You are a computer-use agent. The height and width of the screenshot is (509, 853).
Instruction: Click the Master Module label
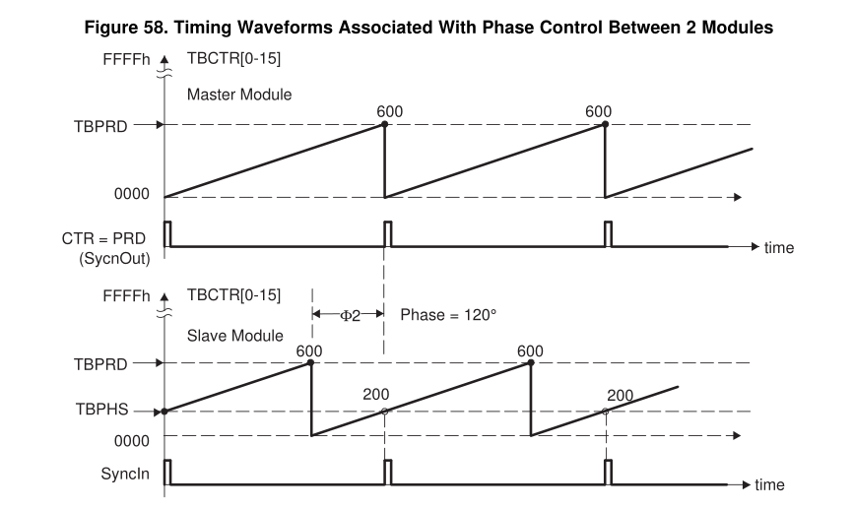[x=234, y=95]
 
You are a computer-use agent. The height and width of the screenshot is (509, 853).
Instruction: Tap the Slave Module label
[x=230, y=337]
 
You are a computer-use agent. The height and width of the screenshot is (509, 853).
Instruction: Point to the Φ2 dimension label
[x=348, y=315]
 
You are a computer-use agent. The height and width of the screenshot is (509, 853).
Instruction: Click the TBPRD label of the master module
[x=100, y=126]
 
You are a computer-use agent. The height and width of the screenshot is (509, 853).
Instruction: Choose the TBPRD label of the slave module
[x=100, y=363]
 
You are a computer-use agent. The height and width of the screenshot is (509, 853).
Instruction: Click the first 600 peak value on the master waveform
[x=390, y=111]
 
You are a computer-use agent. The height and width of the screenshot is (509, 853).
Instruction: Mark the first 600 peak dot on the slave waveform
[x=311, y=363]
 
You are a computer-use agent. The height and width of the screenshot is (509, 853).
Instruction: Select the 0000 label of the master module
[x=132, y=195]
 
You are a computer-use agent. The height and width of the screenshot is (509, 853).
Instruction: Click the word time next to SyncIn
[x=769, y=484]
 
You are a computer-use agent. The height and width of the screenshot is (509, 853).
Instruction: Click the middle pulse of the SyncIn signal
[x=387, y=470]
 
